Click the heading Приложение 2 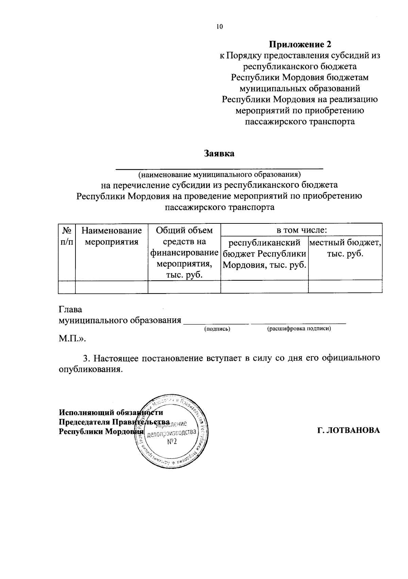click(x=300, y=44)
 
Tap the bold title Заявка click(x=219, y=153)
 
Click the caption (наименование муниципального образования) click(x=219, y=175)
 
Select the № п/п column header click(x=67, y=236)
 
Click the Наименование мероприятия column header click(x=112, y=236)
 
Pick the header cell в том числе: click(x=301, y=230)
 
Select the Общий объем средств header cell click(x=184, y=253)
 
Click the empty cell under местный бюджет click(x=345, y=287)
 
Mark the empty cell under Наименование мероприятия click(x=112, y=287)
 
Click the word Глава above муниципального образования click(x=70, y=310)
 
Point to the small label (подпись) click(x=217, y=329)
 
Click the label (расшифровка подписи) click(x=299, y=329)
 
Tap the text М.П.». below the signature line click(x=72, y=339)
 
